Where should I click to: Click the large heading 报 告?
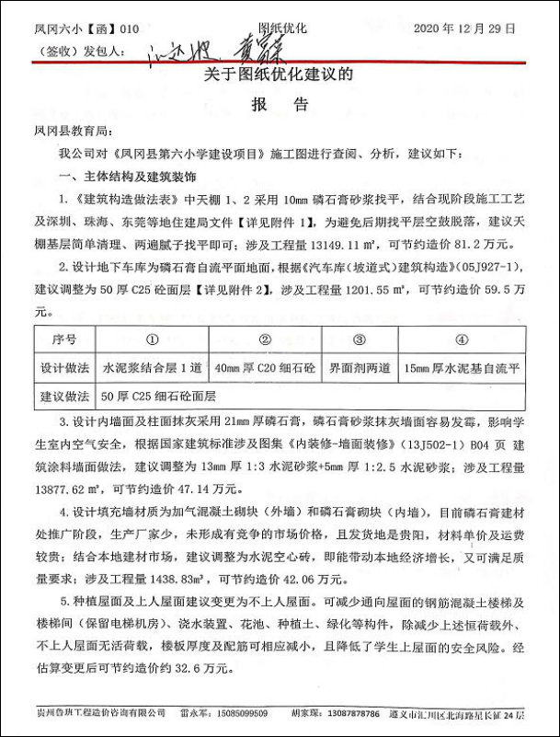[x=279, y=105]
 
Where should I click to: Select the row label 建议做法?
[x=64, y=397]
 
